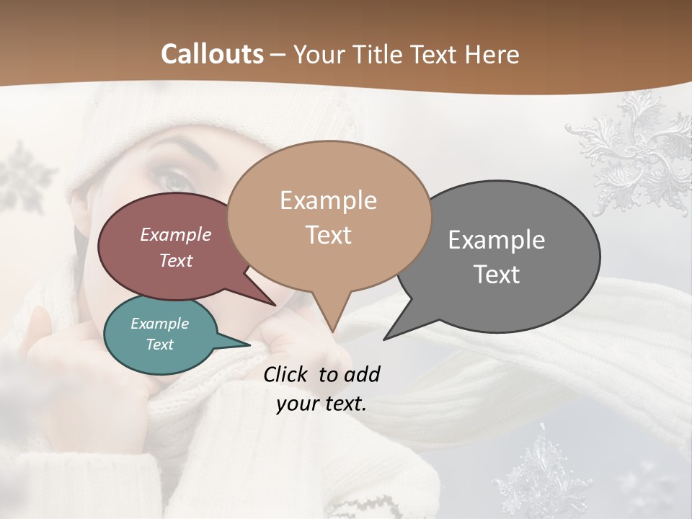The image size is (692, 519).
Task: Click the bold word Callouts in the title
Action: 213,54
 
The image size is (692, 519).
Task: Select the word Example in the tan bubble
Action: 328,200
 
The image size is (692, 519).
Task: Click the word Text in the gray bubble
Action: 497,275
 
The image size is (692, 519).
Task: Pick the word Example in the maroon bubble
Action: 176,234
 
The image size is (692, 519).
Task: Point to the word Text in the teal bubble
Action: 160,345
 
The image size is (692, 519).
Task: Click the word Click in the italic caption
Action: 286,374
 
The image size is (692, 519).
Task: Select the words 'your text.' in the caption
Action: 321,404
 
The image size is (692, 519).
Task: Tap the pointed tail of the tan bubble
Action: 332,321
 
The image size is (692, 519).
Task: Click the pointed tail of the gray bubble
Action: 393,332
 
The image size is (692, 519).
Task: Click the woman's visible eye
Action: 171,180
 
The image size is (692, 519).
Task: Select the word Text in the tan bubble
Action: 329,235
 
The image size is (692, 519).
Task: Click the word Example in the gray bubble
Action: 497,239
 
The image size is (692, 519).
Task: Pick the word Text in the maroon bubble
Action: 176,260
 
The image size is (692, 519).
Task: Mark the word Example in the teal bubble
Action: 160,324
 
